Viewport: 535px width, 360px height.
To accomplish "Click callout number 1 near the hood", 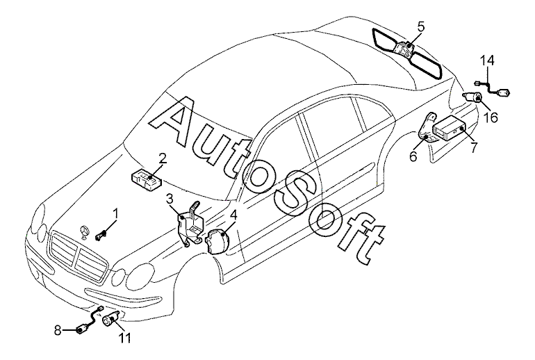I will coord(116,213).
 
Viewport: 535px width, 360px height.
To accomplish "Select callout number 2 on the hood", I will coord(161,158).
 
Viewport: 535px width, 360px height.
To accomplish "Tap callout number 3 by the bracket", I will coord(170,200).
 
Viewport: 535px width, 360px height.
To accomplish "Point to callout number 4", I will coord(234,215).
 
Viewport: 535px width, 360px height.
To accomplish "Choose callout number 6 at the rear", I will coord(413,157).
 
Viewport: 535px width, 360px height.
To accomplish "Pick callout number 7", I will coord(473,147).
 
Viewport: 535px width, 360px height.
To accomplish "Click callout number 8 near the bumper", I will coord(58,331).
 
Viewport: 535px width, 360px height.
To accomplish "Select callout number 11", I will coord(125,338).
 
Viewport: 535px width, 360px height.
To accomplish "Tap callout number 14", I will coord(490,61).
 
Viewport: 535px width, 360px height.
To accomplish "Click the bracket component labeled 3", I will coord(190,222).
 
